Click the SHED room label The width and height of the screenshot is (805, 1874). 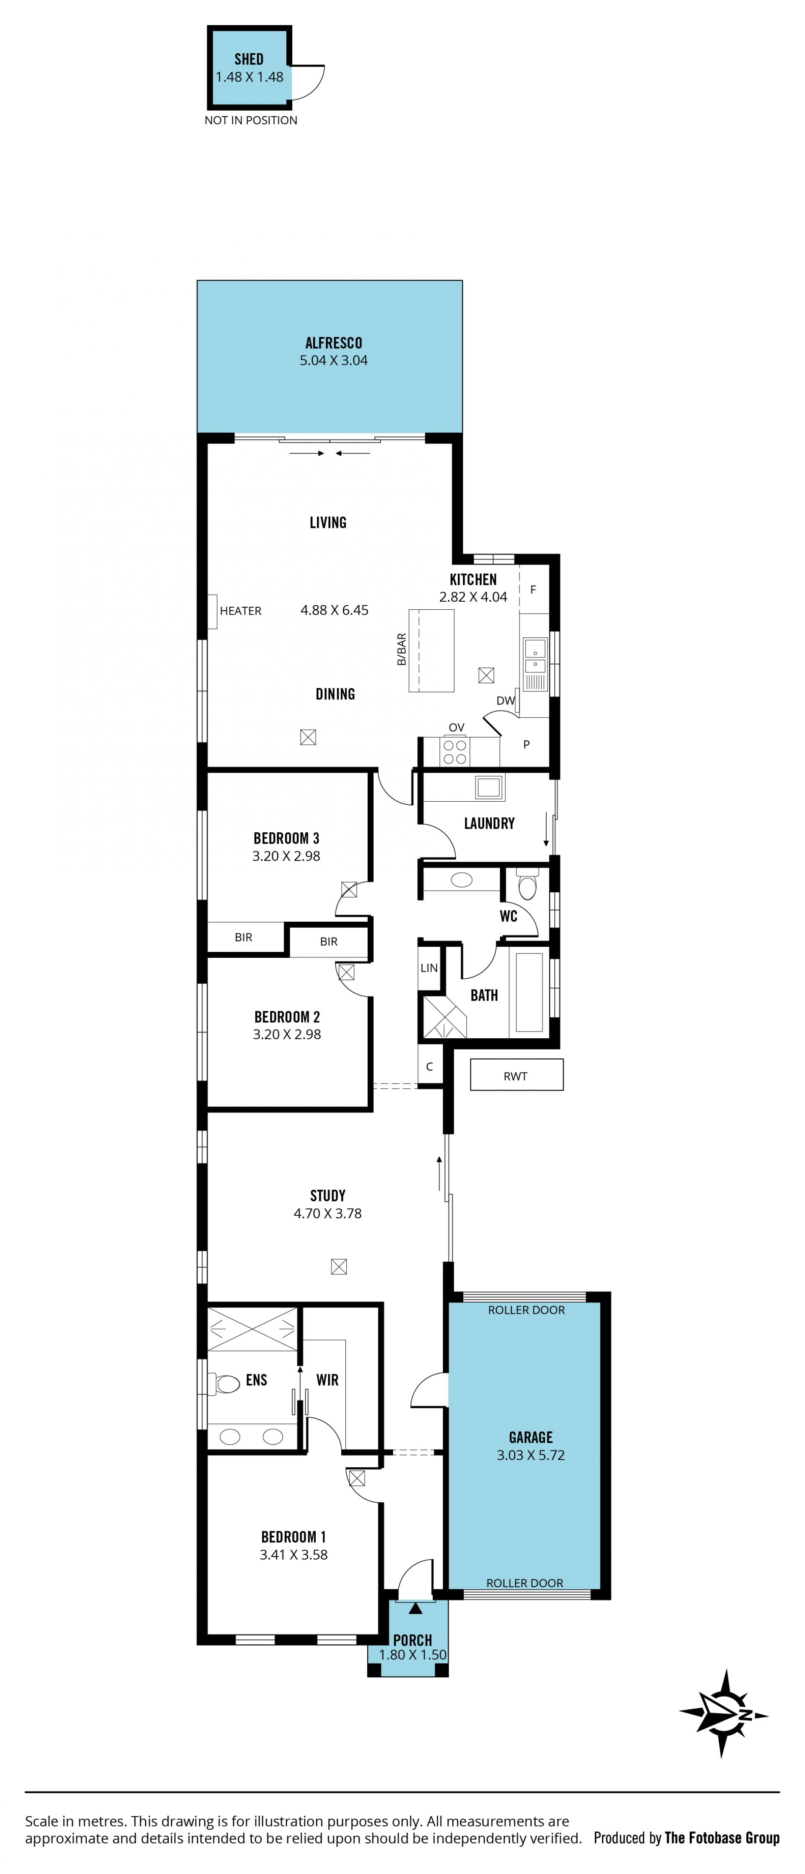click(249, 59)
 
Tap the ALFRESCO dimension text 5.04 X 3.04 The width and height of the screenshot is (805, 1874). click(334, 360)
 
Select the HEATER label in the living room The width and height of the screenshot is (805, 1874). click(241, 611)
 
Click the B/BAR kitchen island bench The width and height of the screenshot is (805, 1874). click(431, 650)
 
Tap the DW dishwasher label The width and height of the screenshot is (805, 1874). click(505, 701)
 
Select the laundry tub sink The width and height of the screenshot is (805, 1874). click(489, 787)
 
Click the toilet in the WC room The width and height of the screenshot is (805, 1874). click(528, 884)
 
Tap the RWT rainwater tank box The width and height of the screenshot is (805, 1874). click(516, 1074)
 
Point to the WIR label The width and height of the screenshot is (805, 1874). click(327, 1380)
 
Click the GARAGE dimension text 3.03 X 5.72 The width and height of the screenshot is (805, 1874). click(531, 1455)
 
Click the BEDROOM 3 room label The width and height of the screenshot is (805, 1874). click(286, 838)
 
